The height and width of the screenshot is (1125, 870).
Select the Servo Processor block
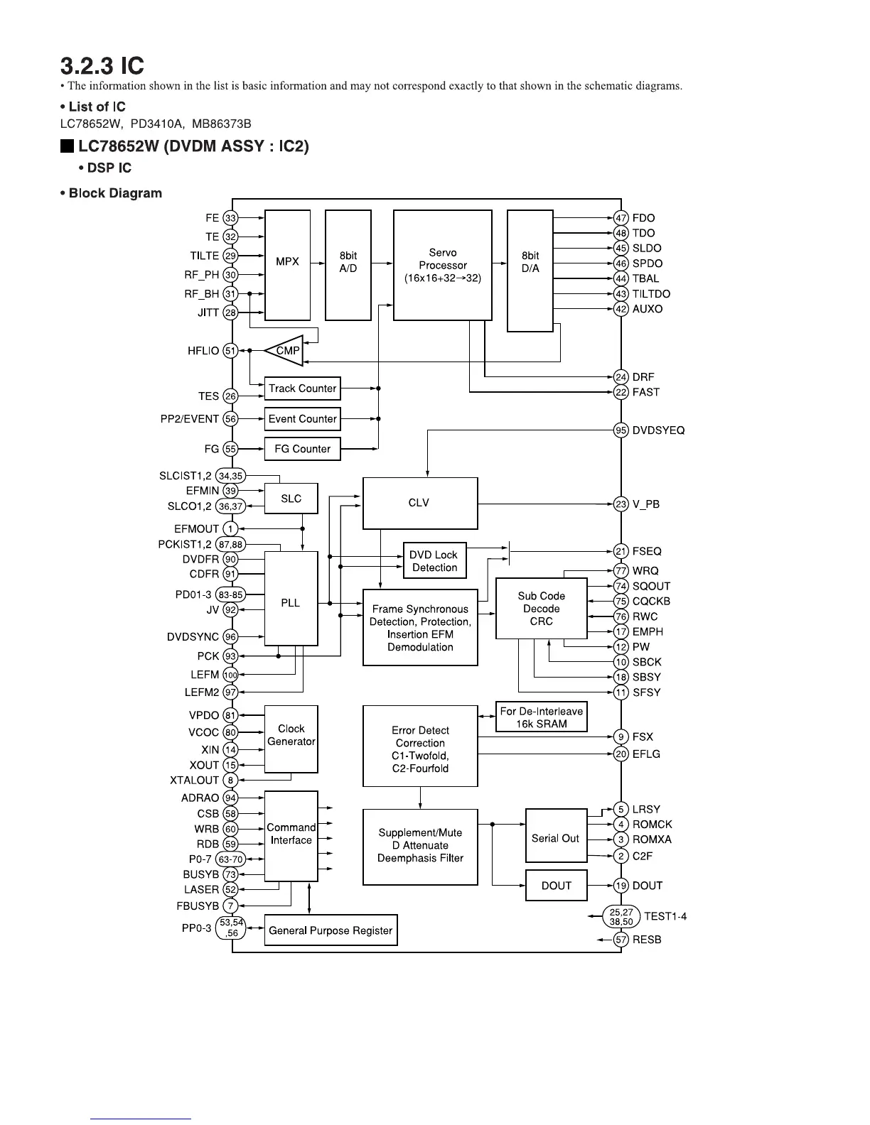(x=442, y=265)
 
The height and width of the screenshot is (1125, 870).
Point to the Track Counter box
(x=302, y=388)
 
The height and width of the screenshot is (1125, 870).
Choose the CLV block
(x=419, y=503)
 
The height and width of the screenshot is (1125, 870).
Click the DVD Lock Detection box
(x=434, y=561)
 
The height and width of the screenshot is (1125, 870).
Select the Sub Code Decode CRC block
(x=541, y=609)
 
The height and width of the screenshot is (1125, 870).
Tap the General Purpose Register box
(x=331, y=930)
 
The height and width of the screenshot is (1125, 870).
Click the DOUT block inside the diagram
(x=556, y=886)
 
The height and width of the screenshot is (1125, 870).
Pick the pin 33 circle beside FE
(x=230, y=218)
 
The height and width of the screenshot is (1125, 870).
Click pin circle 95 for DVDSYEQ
(x=621, y=430)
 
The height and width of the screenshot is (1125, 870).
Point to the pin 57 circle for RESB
(x=621, y=940)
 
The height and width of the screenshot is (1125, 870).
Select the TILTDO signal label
(x=651, y=294)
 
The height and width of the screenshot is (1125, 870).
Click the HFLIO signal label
(x=203, y=351)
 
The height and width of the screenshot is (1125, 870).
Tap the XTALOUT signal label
(x=194, y=781)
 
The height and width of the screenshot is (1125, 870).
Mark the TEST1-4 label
(x=665, y=916)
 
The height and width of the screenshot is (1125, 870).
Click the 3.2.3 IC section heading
(x=102, y=67)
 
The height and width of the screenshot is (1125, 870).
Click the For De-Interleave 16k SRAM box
(x=541, y=717)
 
